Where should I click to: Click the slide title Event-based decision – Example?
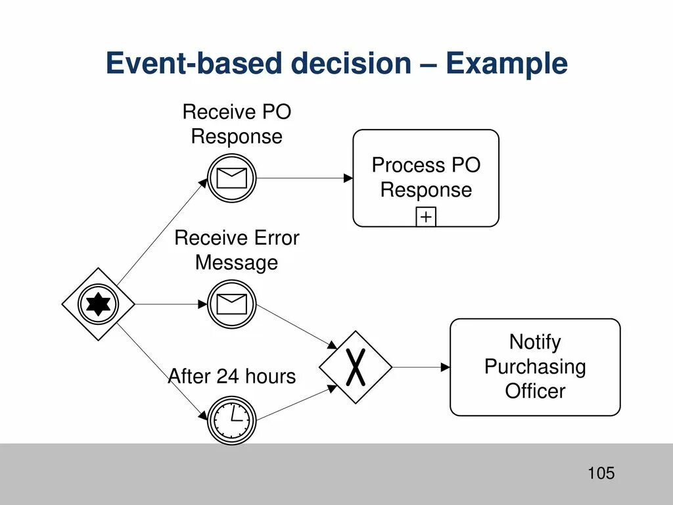point(336,64)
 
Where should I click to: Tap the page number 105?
point(601,473)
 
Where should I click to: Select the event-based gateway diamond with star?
point(98,304)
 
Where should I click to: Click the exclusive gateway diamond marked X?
point(355,367)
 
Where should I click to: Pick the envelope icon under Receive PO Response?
point(231,178)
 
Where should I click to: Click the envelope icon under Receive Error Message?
point(231,304)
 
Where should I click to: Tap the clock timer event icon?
point(231,419)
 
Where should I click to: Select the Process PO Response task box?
point(426,178)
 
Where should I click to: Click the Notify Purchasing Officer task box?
point(534,367)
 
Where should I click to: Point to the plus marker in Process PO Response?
point(426,217)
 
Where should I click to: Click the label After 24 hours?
point(232,377)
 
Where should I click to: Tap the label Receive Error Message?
point(237,251)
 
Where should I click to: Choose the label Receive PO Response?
point(237,124)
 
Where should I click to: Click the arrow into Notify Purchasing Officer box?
point(421,367)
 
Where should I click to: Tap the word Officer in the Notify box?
point(534,392)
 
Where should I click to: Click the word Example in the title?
point(506,64)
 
